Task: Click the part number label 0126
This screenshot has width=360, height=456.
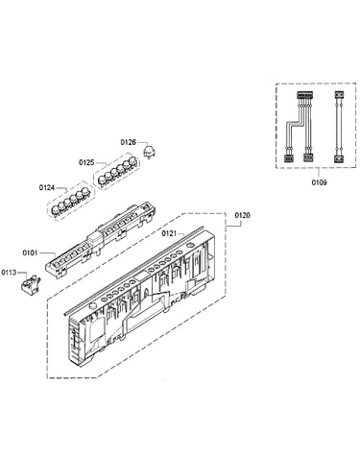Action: pos(128,142)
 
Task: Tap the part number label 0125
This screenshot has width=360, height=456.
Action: pos(86,162)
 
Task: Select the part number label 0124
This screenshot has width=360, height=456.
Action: pos(47,187)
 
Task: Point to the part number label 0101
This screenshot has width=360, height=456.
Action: pos(30,252)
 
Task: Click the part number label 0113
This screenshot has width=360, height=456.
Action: pos(9,273)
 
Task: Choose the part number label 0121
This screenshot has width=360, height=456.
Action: pos(169,233)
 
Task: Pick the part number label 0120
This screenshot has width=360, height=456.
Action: pos(243,215)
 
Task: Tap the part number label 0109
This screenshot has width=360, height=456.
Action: pos(319,182)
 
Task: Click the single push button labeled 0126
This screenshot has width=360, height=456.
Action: pos(149,151)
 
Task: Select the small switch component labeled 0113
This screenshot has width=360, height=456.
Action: pos(31,283)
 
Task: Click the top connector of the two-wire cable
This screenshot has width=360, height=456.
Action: pos(339,95)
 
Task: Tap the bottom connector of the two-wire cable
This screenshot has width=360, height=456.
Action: pos(339,158)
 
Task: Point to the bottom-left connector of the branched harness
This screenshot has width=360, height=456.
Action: pos(288,158)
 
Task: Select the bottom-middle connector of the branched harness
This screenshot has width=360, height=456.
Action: pos(307,158)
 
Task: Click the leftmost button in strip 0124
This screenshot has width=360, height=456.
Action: pos(56,210)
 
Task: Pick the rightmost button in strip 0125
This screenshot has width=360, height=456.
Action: pos(132,161)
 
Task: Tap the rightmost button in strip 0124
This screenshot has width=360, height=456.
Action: pos(85,192)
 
